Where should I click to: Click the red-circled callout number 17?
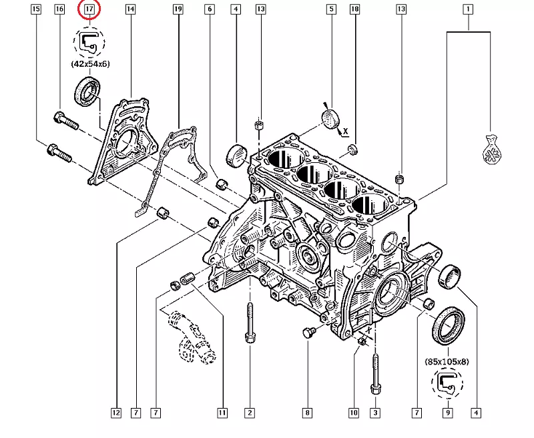pos(89,9)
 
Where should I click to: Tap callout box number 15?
pos(36,9)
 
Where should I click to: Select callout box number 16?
pos(59,9)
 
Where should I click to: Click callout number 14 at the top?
pos(130,9)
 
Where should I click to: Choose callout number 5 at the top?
pos(330,9)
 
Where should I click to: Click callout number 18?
pos(354,9)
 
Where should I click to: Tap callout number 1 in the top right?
pos(469,9)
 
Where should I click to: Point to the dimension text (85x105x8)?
pos(447,361)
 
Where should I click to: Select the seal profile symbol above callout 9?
pos(446,383)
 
